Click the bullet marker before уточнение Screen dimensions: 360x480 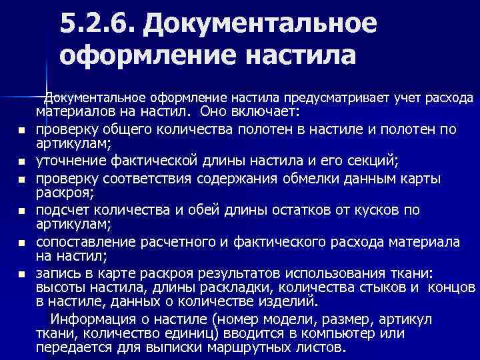tap(22, 161)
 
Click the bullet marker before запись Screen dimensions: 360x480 tap(22, 274)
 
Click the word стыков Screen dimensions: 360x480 tap(379, 287)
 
